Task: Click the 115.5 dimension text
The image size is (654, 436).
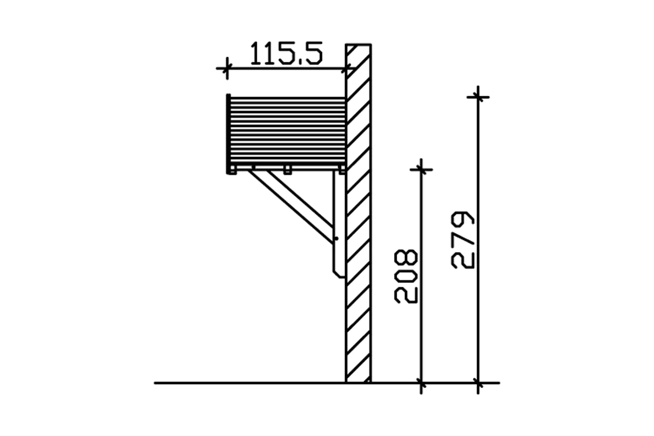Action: (x=287, y=53)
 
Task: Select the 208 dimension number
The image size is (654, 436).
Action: (x=406, y=276)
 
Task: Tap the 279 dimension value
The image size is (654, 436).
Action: (x=463, y=240)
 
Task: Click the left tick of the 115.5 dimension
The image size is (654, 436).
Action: (x=227, y=68)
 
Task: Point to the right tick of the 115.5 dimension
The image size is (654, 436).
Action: (x=346, y=69)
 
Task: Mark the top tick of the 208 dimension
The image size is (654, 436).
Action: (x=421, y=169)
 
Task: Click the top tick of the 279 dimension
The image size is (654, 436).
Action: (x=478, y=97)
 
